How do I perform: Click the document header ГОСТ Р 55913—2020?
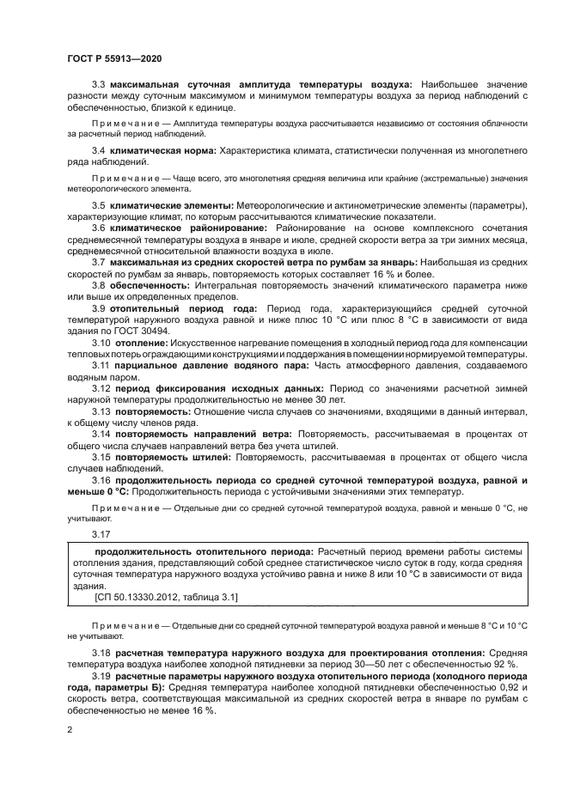113,58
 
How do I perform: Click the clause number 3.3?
99,84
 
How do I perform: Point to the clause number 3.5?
99,206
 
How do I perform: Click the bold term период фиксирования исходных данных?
211,389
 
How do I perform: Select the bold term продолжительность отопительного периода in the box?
203,551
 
